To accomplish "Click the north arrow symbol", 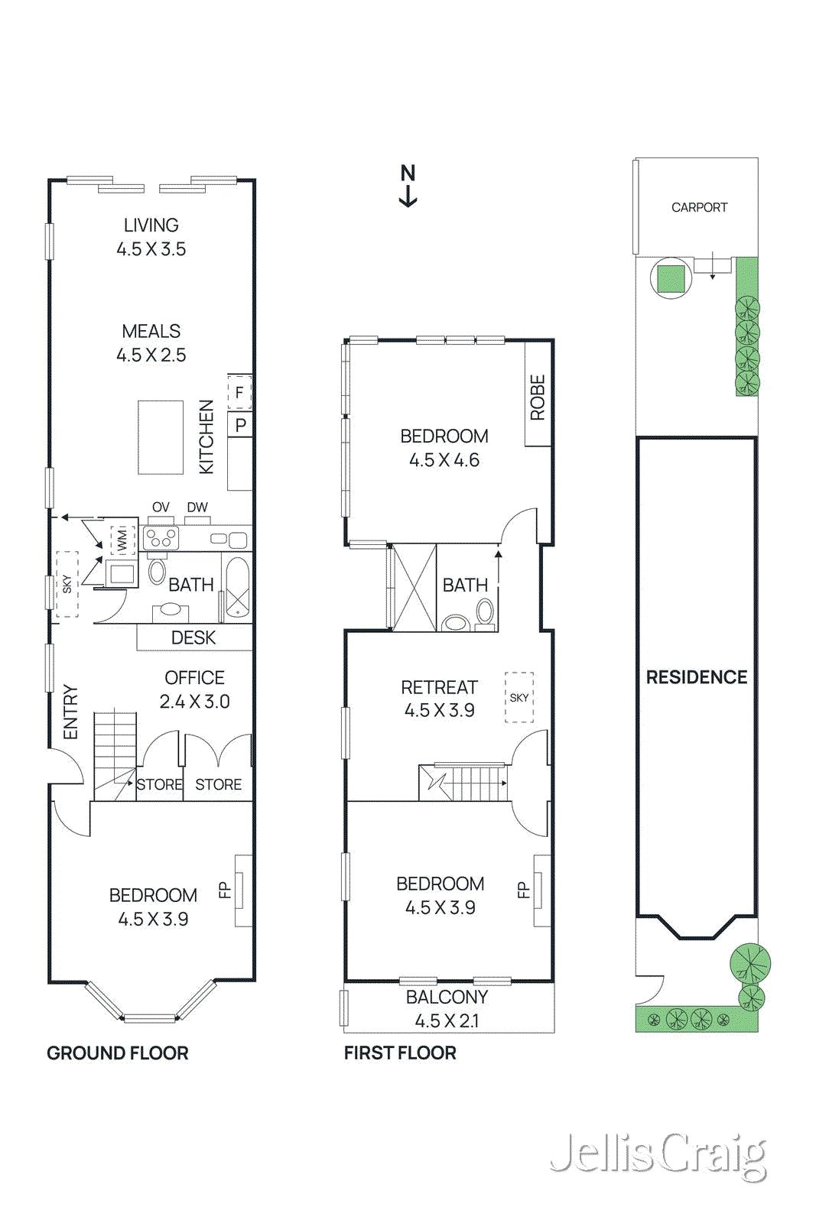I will tap(408, 186).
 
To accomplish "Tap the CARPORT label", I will tap(699, 207).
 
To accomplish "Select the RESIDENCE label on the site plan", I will tap(696, 677).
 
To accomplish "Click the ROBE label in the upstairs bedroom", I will tap(538, 397).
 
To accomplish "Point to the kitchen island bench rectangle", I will tap(161, 437).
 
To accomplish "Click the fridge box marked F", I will tap(239, 392).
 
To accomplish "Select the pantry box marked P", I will tap(241, 425).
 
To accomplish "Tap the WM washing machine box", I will tap(122, 540).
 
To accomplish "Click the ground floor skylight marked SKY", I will tap(67, 584).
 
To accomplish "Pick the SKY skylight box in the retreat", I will tap(519, 697).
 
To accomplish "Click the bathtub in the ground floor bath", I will tap(237, 586).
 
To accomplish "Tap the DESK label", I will tap(193, 637).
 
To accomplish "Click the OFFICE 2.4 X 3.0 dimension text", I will tap(194, 701).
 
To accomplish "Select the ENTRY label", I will tap(70, 712).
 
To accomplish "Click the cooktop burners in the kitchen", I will tap(161, 538).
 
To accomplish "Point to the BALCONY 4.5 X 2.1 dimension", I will tap(447, 1020).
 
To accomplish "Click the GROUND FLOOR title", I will tap(117, 1053).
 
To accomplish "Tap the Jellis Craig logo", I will tap(658, 1155).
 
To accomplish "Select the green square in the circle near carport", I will tap(671, 277).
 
